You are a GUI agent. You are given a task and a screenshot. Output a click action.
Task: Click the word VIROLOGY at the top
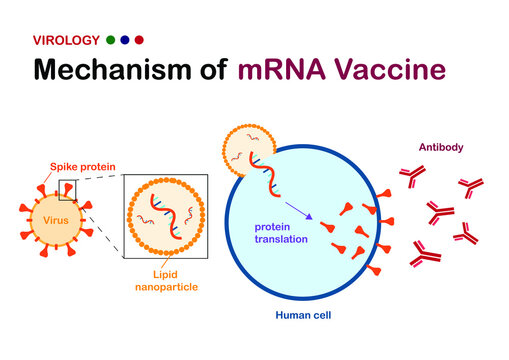[66, 41]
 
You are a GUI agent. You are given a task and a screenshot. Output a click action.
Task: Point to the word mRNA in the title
[282, 72]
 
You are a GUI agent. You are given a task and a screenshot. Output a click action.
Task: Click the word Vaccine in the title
[390, 72]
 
